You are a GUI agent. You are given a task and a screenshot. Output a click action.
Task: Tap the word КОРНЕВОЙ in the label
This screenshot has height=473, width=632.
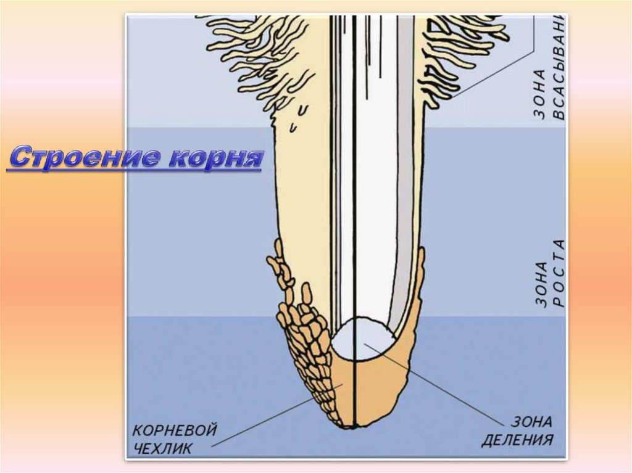pos(175,430)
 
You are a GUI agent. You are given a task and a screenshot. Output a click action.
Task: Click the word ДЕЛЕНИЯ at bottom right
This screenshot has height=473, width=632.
pos(517,440)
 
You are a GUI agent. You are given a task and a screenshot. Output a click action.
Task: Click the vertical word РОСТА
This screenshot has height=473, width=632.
pos(559,272)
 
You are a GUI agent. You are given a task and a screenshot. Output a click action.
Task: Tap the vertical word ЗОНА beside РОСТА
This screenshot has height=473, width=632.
pos(541,283)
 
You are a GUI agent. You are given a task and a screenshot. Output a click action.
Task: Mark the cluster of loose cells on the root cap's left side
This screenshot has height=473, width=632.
pos(302,333)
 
